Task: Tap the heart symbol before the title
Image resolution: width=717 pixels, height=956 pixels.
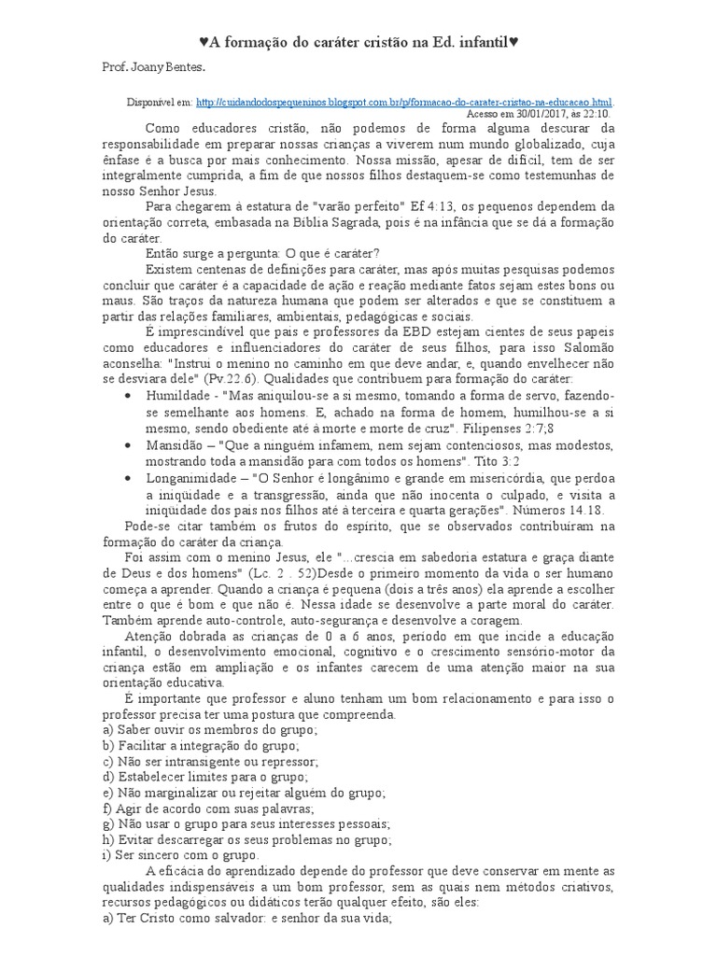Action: point(204,42)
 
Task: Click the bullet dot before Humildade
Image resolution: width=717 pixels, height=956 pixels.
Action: point(128,397)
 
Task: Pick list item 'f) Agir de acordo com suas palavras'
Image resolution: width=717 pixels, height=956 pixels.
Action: point(208,808)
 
